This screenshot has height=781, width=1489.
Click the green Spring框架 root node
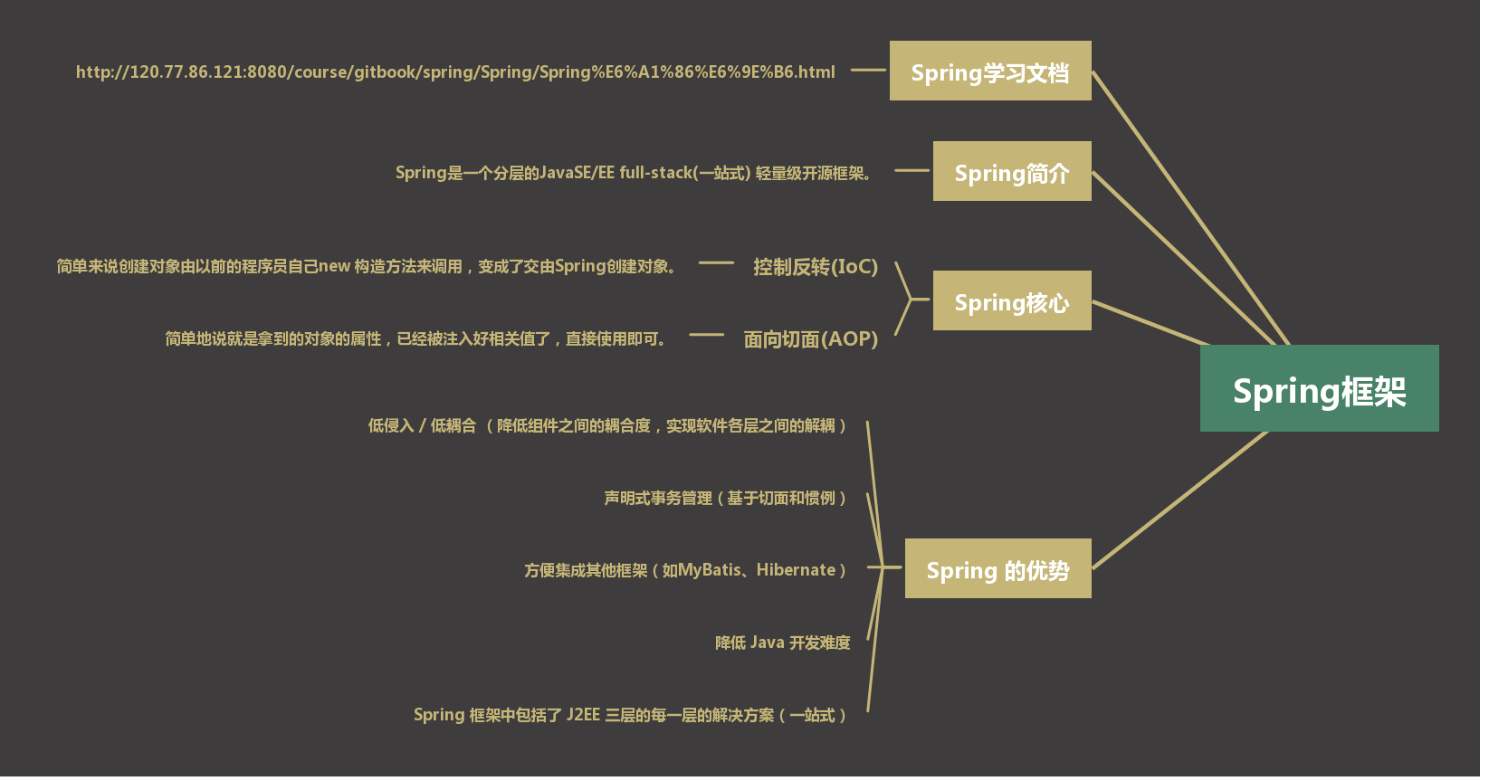[1319, 388]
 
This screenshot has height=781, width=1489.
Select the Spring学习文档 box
[990, 71]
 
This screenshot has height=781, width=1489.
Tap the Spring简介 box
[1012, 171]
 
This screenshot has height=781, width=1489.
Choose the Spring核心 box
[1012, 300]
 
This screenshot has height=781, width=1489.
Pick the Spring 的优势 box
[997, 568]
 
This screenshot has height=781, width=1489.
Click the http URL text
[455, 72]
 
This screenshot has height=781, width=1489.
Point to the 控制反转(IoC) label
[816, 267]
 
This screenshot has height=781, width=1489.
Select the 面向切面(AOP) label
[810, 339]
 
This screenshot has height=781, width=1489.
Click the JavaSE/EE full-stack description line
[634, 173]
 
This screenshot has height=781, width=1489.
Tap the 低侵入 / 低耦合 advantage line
[606, 425]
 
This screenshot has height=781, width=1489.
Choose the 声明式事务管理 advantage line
[724, 498]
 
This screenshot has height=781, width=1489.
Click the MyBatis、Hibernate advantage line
[684, 570]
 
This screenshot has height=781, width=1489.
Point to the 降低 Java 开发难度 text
[782, 643]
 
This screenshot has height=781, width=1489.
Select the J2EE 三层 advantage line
[629, 715]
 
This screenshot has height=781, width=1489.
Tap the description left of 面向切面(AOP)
[416, 339]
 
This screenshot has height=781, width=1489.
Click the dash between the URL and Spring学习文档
[868, 70]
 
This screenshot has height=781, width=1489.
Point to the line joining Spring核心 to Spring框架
[1150, 323]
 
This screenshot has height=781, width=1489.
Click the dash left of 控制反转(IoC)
[716, 263]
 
